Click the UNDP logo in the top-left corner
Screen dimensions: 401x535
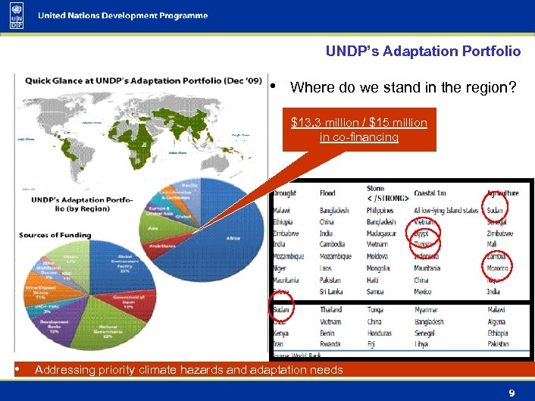[16, 16]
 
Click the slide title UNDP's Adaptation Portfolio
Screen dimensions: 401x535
[423, 52]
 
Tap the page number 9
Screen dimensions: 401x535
[512, 393]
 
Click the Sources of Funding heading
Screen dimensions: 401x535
[55, 235]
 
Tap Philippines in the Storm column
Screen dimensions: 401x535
[380, 210]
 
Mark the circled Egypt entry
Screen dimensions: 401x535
[421, 234]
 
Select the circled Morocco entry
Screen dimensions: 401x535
[498, 268]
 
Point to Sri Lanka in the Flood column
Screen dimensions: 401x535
[332, 291]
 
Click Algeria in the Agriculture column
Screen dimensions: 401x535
[498, 321]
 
